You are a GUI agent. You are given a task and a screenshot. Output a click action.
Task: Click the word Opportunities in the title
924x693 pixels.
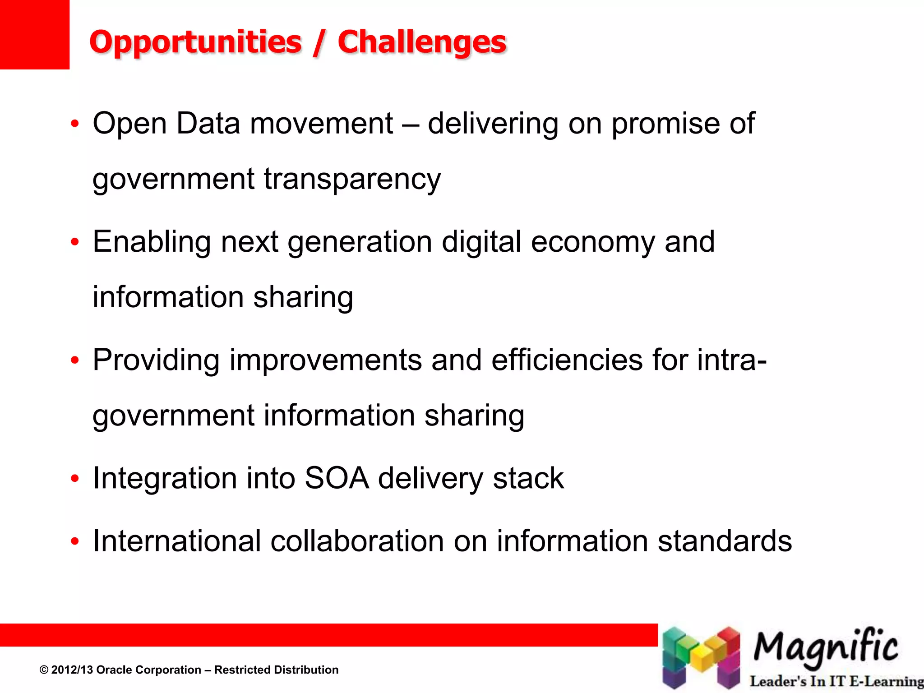[x=195, y=42]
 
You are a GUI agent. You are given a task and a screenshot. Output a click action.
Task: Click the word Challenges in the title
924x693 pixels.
[x=422, y=42]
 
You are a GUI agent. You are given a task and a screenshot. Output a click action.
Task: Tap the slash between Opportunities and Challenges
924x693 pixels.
[x=319, y=43]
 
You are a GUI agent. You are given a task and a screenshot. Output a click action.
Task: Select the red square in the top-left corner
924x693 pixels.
[x=34, y=34]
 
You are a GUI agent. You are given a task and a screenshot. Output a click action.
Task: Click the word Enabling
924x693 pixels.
[x=152, y=242]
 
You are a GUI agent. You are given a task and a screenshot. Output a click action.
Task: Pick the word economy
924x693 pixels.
[x=592, y=242]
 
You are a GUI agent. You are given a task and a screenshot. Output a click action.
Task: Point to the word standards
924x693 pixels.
[x=725, y=541]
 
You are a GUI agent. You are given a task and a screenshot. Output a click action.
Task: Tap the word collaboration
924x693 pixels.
[x=357, y=541]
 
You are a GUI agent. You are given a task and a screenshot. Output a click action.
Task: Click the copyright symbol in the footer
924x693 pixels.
[x=44, y=670]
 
